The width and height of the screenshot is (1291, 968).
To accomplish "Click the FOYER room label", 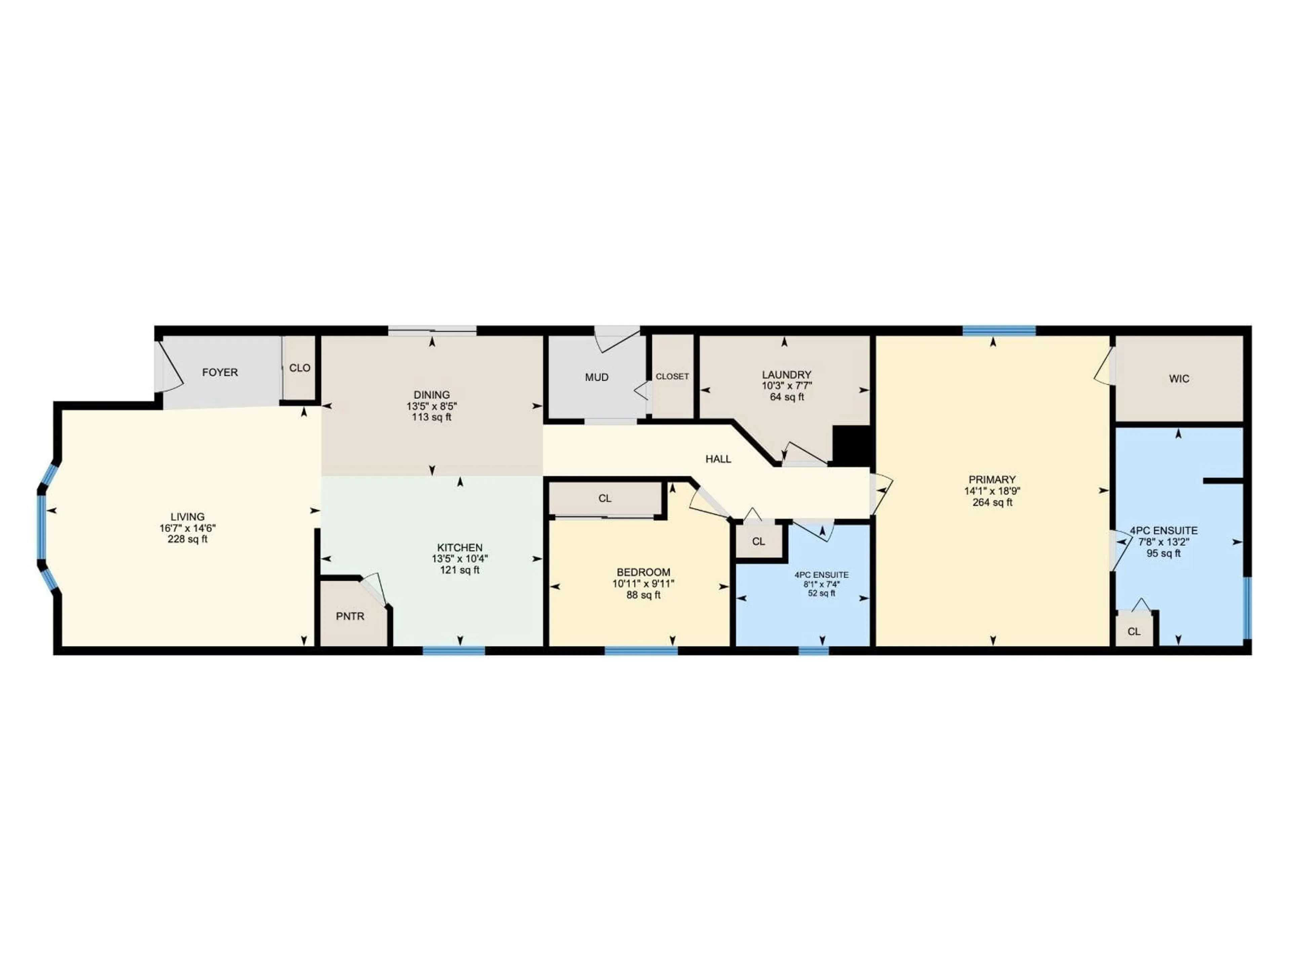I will pos(220,372).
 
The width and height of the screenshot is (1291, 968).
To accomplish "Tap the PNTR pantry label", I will pos(350,616).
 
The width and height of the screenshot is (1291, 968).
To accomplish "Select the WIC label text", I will pos(1179,379).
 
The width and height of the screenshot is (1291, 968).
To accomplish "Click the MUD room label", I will pos(596,377).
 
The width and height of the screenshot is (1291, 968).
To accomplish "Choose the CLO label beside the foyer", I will pos(300,368).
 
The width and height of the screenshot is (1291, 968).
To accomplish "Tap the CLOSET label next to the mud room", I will pos(672,376).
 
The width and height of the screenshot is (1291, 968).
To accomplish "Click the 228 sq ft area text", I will pos(187,539).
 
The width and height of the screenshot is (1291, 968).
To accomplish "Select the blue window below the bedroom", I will pos(641,651).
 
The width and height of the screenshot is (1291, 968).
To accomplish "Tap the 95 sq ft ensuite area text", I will pos(1163,553).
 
